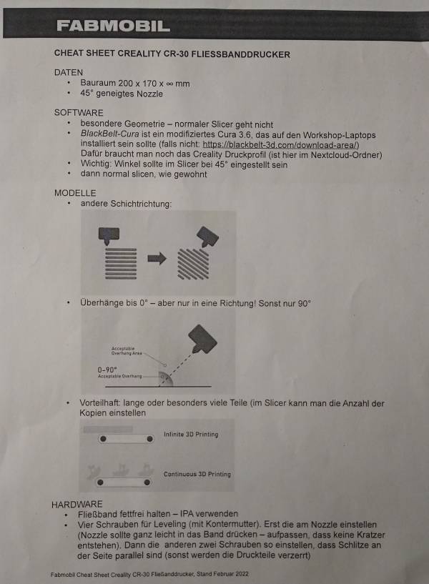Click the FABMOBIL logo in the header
coord(114,26)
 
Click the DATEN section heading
coord(69,72)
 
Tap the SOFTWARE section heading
coord(79,113)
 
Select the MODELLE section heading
coord(75,193)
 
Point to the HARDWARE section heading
coord(77,504)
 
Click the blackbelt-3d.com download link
coord(280,144)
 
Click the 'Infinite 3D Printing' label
coord(191,434)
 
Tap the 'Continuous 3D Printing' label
coord(197,474)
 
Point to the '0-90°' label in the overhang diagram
coord(107,370)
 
